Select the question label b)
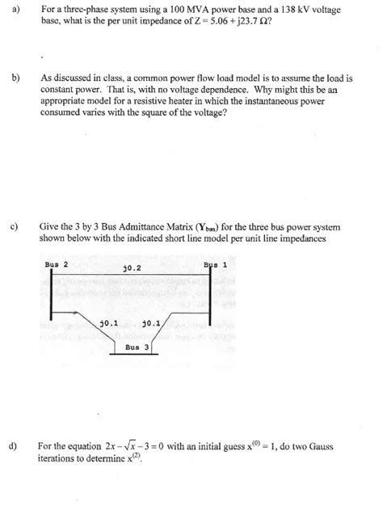pyautogui.click(x=15, y=78)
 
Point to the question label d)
pyautogui.click(x=15, y=445)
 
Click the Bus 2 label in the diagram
pyautogui.click(x=57, y=264)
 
